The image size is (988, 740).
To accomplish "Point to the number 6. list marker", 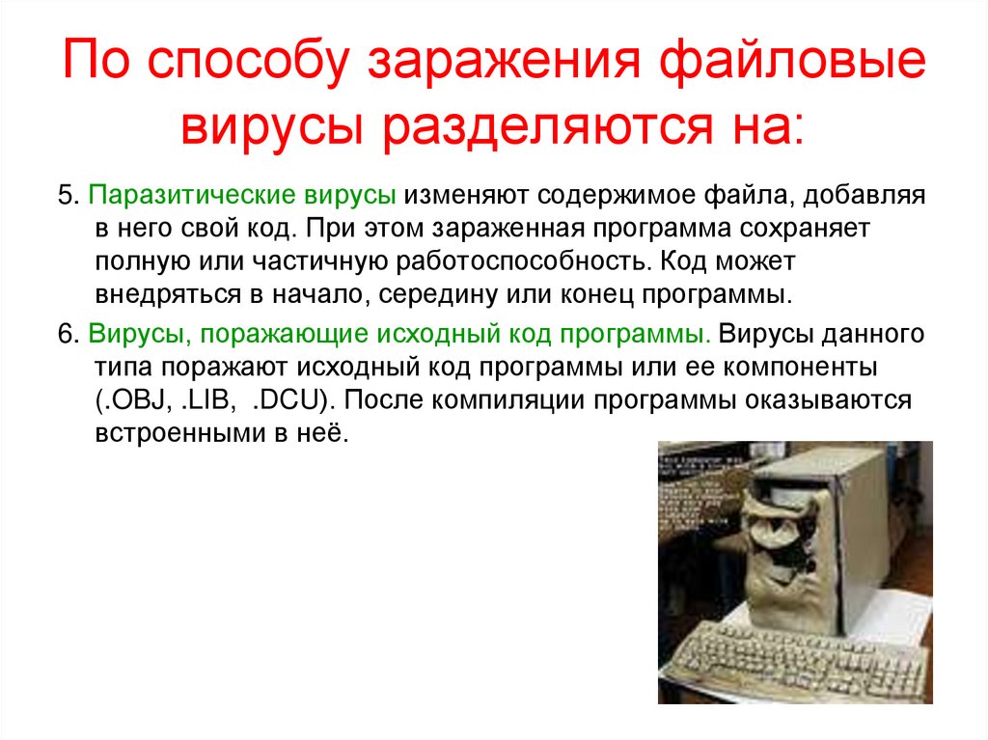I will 68,334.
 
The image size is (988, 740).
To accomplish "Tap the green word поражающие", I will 277,334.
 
